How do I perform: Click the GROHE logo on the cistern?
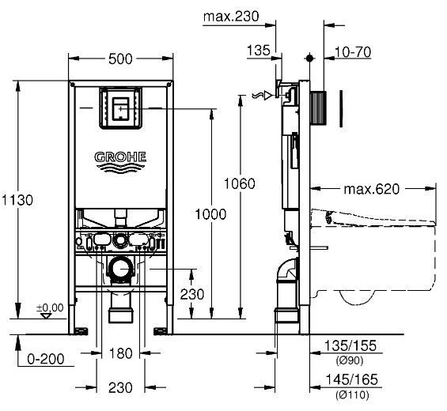point(120,162)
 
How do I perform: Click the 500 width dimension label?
point(120,59)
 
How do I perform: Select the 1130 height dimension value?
point(17,200)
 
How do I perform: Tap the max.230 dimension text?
point(231,17)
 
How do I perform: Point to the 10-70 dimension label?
point(353,52)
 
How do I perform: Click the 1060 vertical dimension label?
point(239,183)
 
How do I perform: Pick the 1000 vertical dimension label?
point(210,214)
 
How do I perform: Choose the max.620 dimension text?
point(372,189)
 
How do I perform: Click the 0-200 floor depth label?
point(46,359)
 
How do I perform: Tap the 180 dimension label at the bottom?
point(120,354)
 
